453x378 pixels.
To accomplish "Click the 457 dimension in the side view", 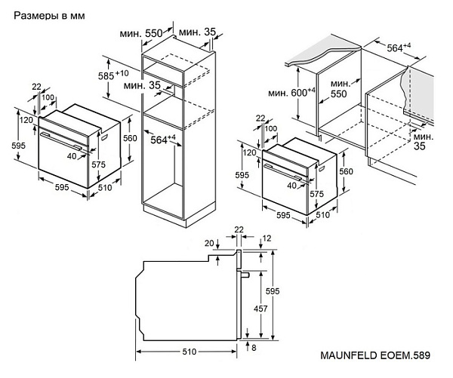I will (x=260, y=309).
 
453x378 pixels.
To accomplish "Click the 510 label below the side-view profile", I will (x=189, y=352).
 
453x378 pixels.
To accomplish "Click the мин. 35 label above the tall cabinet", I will (x=199, y=32).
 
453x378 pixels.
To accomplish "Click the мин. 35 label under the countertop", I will (x=423, y=141).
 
